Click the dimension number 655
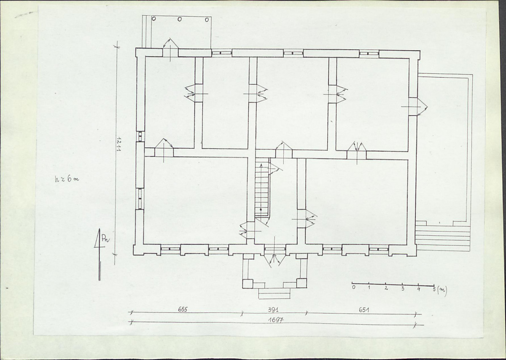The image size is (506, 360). (x=183, y=309)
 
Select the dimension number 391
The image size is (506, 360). (x=273, y=310)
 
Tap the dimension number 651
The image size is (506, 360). (x=364, y=310)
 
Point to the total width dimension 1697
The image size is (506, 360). (x=276, y=320)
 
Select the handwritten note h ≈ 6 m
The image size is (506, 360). (x=67, y=179)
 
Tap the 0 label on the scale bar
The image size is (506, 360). (x=354, y=287)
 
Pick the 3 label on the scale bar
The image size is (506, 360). (x=403, y=288)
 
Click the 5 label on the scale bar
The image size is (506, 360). (x=434, y=289)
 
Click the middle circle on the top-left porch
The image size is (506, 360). (x=180, y=19)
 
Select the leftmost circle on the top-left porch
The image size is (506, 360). (x=153, y=18)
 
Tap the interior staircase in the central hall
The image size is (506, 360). (x=262, y=187)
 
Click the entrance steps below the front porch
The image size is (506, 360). (x=274, y=293)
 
